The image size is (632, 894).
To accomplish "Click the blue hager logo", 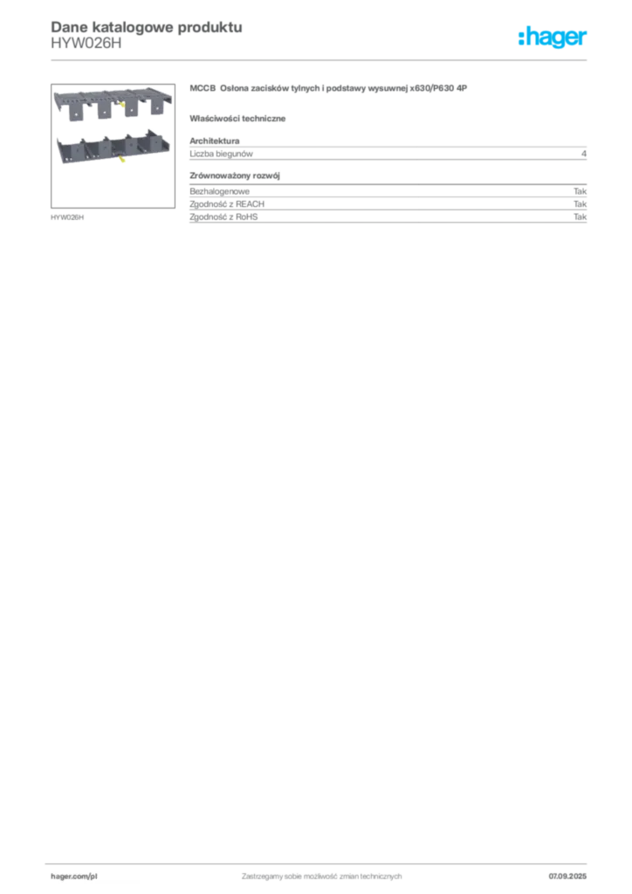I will coord(553,38).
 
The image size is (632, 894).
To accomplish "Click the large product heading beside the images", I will coord(332,89).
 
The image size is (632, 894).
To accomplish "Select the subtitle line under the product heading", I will coord(241,118).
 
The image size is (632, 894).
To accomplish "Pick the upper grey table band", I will coord(389,153).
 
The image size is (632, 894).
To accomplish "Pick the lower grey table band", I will coord(389,209).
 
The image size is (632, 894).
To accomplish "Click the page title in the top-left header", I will coord(145,27).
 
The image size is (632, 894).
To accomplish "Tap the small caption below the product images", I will coord(69,217).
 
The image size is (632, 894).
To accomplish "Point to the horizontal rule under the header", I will coord(321,58).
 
